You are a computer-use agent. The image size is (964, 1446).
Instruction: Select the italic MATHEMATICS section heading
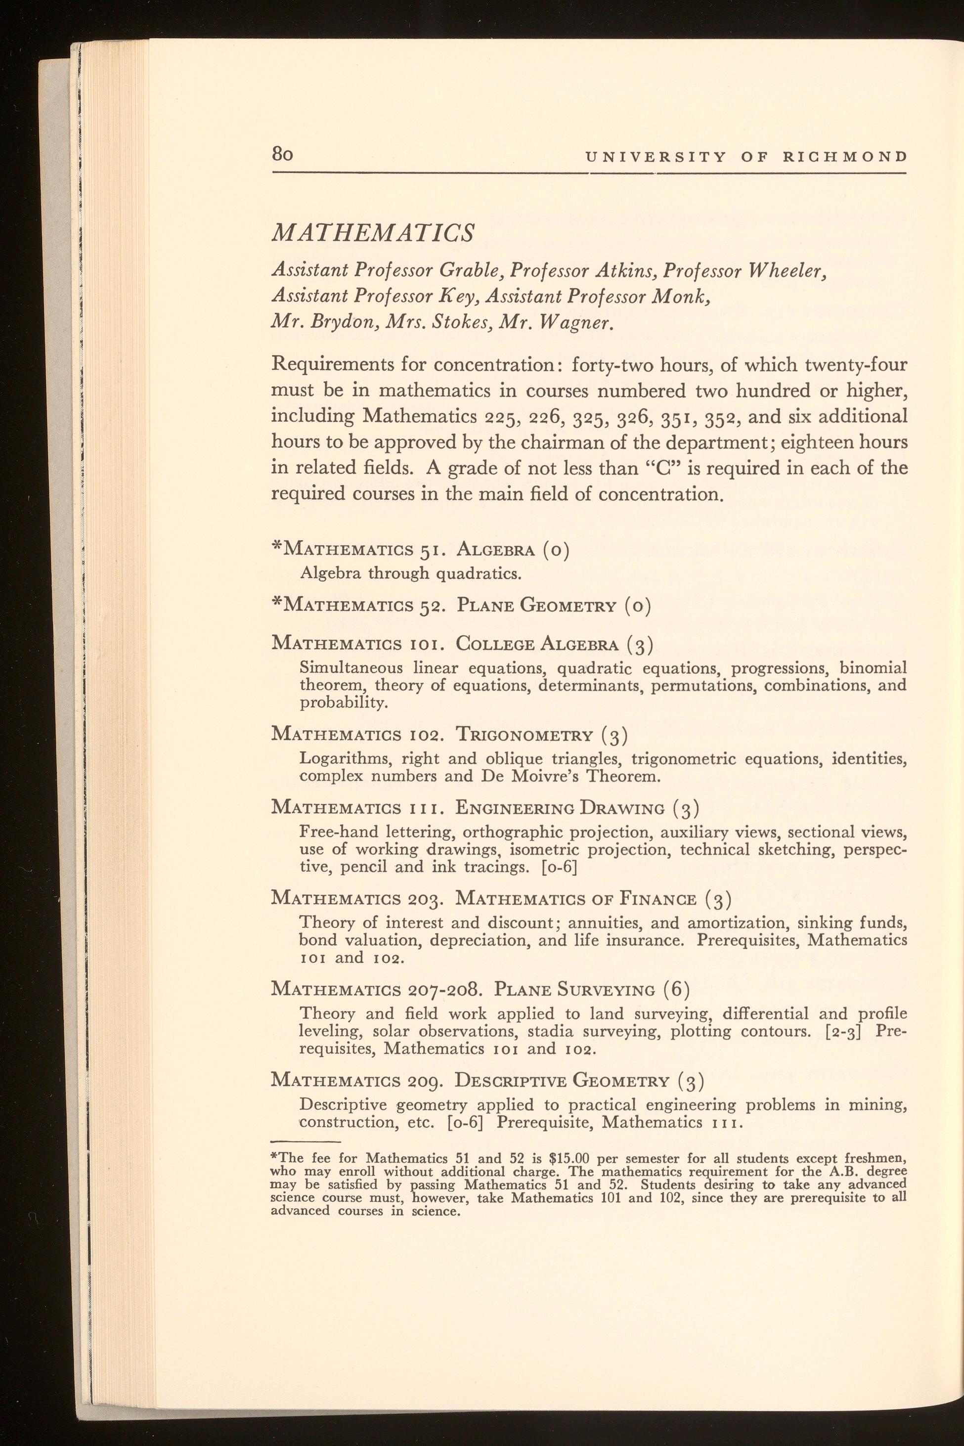click(x=373, y=232)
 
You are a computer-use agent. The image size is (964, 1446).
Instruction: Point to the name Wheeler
click(x=785, y=270)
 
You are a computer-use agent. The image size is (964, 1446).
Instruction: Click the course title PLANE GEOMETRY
click(x=536, y=606)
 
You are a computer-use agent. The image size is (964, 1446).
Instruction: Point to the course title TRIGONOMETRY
click(x=525, y=735)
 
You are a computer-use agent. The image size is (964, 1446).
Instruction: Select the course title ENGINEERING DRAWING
click(x=560, y=808)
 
